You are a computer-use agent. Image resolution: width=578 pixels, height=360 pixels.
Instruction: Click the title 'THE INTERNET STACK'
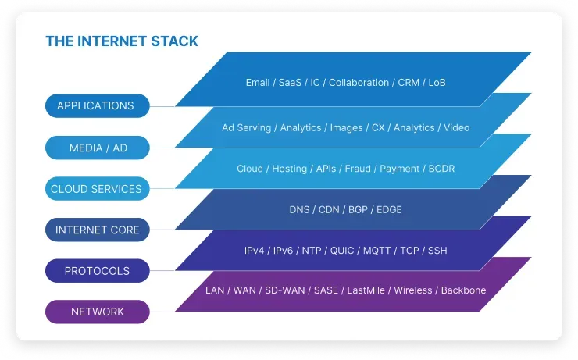click(122, 41)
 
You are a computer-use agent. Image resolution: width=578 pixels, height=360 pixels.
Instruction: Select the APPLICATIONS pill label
click(95, 105)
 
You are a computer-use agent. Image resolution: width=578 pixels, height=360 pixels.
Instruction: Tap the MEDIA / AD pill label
click(97, 148)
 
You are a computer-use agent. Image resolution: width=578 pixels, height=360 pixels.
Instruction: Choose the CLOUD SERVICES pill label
click(96, 189)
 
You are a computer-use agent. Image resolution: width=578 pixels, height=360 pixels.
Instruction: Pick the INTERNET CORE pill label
click(97, 230)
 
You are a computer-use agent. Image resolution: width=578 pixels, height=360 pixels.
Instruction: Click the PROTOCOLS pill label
click(97, 271)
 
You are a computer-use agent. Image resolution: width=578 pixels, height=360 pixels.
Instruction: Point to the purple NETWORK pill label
click(98, 312)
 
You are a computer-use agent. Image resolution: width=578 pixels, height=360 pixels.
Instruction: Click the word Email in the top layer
click(258, 83)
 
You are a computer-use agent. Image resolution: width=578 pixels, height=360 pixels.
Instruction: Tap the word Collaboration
click(359, 83)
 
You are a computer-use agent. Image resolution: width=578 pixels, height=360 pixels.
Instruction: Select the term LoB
click(437, 83)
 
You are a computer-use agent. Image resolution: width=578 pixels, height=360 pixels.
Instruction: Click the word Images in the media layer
click(346, 127)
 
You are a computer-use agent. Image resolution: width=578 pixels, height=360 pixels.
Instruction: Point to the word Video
click(456, 127)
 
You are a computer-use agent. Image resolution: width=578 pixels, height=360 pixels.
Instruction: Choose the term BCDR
click(441, 169)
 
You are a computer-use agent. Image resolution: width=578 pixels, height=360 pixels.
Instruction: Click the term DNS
click(300, 209)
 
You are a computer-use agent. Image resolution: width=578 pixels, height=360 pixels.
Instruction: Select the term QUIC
click(341, 251)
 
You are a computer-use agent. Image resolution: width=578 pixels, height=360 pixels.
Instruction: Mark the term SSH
click(437, 251)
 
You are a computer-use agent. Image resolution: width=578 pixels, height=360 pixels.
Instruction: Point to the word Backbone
click(463, 290)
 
